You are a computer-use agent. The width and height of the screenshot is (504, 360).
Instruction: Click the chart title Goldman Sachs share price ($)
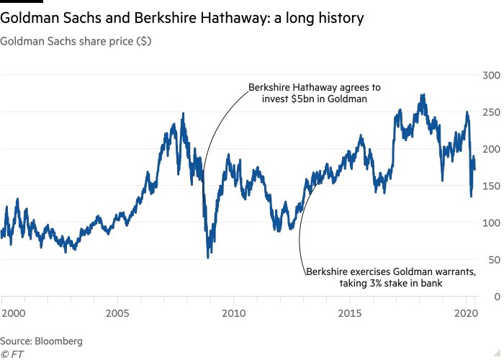[x=75, y=42]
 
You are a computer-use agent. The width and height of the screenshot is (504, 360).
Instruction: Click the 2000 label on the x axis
[x=12, y=314]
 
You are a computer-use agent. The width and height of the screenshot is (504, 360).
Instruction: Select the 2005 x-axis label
[x=117, y=314]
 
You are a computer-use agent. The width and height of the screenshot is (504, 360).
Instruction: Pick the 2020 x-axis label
[x=466, y=314]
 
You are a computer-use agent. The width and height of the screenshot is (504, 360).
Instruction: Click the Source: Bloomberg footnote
[x=42, y=341]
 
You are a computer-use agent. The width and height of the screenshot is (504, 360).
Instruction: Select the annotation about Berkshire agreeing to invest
[x=315, y=92]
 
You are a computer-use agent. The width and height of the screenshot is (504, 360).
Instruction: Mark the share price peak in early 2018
[x=423, y=94]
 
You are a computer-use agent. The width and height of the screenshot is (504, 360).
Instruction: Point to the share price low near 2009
[x=210, y=257]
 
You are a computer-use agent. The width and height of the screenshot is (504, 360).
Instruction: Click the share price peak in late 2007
[x=183, y=113]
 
